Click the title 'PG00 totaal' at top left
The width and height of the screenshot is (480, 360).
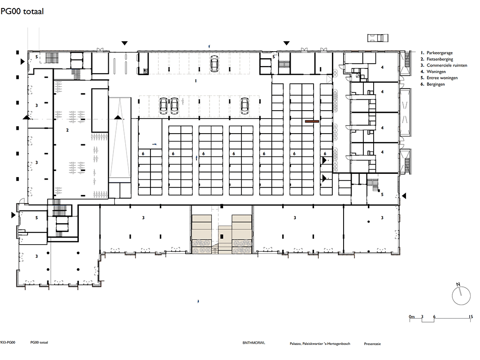click(x=22, y=11)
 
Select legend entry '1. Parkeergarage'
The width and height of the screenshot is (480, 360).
click(x=436, y=52)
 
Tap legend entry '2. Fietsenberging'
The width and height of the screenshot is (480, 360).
click(x=437, y=59)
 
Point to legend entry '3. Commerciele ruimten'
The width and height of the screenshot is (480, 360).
click(x=444, y=65)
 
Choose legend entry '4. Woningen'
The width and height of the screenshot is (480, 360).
click(x=433, y=72)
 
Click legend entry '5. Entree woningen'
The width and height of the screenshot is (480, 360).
click(x=439, y=78)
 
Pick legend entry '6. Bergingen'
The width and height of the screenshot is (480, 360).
click(x=433, y=84)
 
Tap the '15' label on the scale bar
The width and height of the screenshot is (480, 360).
click(x=471, y=316)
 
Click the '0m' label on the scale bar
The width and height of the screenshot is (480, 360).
click(x=412, y=316)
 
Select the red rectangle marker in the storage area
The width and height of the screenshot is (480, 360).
click(x=312, y=121)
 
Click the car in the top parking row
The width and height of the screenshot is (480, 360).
click(x=214, y=64)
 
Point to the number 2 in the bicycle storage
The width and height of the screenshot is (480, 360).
click(x=67, y=130)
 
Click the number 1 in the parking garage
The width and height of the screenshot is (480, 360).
click(x=196, y=81)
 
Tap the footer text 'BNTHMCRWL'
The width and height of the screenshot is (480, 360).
click(x=254, y=343)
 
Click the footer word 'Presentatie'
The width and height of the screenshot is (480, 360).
click(x=372, y=344)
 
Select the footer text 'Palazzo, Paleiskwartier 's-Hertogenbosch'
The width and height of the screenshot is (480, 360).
click(x=320, y=344)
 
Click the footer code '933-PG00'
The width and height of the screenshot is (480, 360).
click(x=7, y=343)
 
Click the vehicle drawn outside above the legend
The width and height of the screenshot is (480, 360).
click(x=378, y=37)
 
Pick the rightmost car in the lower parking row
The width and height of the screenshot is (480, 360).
click(x=245, y=105)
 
